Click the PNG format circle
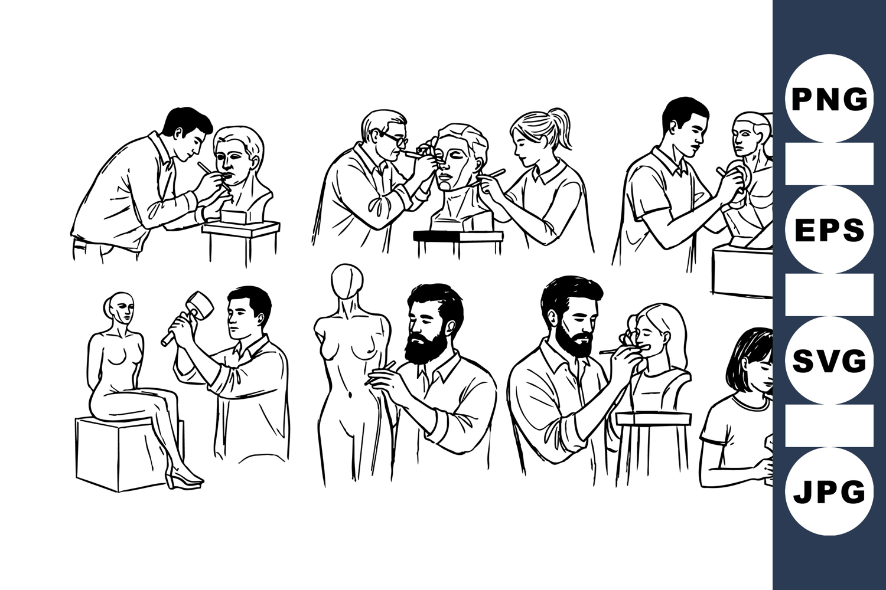pos(829,99)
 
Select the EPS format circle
pos(829,229)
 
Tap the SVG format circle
pos(829,360)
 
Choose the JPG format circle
pos(829,491)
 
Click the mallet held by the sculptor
pos(190,316)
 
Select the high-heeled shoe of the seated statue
pos(183,476)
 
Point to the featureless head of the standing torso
pos(347,281)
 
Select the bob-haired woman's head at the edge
pos(750,360)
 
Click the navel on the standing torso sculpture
pos(351,394)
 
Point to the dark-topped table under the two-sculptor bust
pos(458,237)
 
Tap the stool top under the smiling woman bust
pos(654,418)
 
